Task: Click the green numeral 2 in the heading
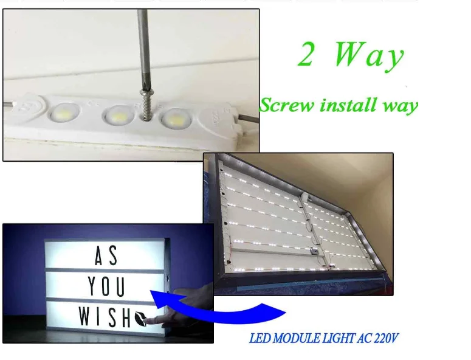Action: [x=305, y=54]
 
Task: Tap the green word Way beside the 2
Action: [x=369, y=55]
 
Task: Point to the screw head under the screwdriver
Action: [x=146, y=91]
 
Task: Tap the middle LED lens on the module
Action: [x=119, y=114]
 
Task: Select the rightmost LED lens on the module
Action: [x=176, y=118]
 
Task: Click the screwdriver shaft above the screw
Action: [x=143, y=49]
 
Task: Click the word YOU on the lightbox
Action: [x=106, y=286]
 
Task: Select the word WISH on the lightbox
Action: [x=105, y=316]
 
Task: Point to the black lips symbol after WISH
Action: [x=140, y=318]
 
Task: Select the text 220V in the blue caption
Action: [x=386, y=338]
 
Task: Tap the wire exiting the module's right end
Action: [x=248, y=118]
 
